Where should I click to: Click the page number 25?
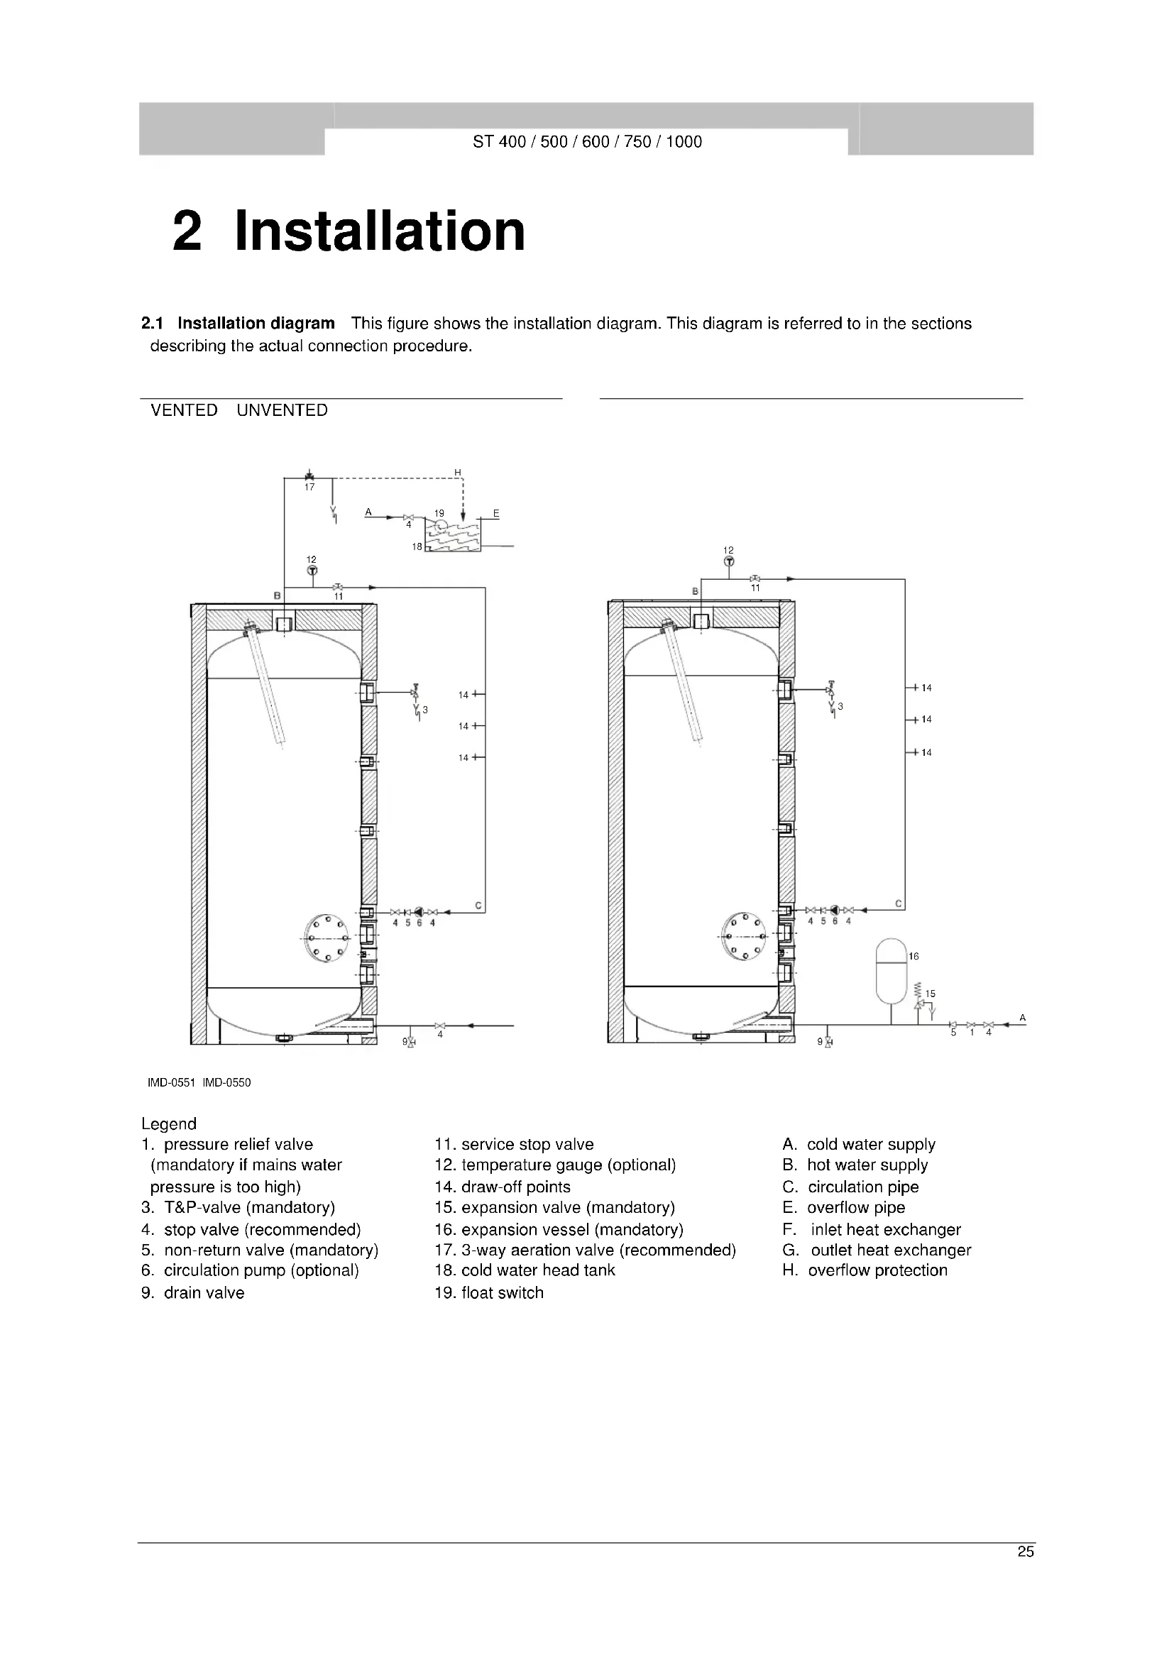[x=1025, y=1551]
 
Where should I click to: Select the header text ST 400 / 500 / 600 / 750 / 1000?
[x=587, y=142]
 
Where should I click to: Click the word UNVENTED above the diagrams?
[x=282, y=411]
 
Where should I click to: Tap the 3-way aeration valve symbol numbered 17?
[x=309, y=476]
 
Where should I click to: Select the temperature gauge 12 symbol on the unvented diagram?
[x=729, y=561]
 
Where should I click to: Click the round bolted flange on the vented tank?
[x=327, y=938]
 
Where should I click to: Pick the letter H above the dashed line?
[x=458, y=473]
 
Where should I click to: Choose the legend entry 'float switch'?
[x=502, y=1292]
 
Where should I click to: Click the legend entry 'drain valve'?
[x=204, y=1292]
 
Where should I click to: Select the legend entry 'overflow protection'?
[x=877, y=1270]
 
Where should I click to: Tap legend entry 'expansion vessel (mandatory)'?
[x=572, y=1229]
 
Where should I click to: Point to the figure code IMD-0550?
[x=227, y=1082]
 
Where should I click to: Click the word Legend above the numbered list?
[x=168, y=1123]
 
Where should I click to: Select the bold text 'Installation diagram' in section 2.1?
[x=256, y=323]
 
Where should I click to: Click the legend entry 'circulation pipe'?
[x=863, y=1187]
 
